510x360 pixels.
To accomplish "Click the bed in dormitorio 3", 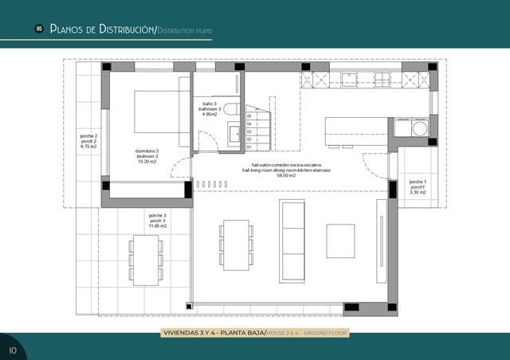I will pos(151,111).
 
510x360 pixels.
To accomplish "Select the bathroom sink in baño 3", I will pos(235,133).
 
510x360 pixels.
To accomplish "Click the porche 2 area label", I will pos(88,141).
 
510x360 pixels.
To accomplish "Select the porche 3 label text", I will pos(158,215).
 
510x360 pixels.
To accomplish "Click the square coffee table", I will pos(340,241).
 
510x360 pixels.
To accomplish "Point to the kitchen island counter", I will pos(355,129).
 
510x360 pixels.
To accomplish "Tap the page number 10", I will pos(13,350).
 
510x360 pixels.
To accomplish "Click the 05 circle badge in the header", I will pos(38,29).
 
